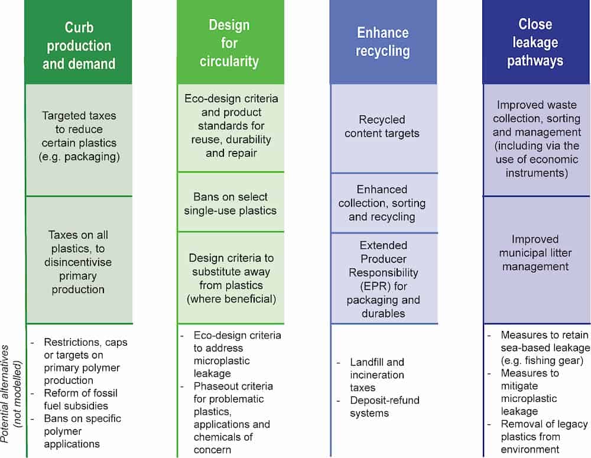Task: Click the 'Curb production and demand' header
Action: coord(79,46)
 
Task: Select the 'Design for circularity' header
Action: coord(230,43)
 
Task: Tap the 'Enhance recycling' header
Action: coord(383,41)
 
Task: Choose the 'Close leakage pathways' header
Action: coord(536,42)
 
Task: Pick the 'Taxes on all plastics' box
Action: coord(79,262)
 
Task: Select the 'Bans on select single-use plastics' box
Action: coord(230,203)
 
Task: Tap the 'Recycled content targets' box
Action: coord(383,126)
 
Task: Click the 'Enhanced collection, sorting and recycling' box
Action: coord(383,203)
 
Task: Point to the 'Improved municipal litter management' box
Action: coord(536,253)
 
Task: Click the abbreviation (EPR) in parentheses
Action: coord(382,286)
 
